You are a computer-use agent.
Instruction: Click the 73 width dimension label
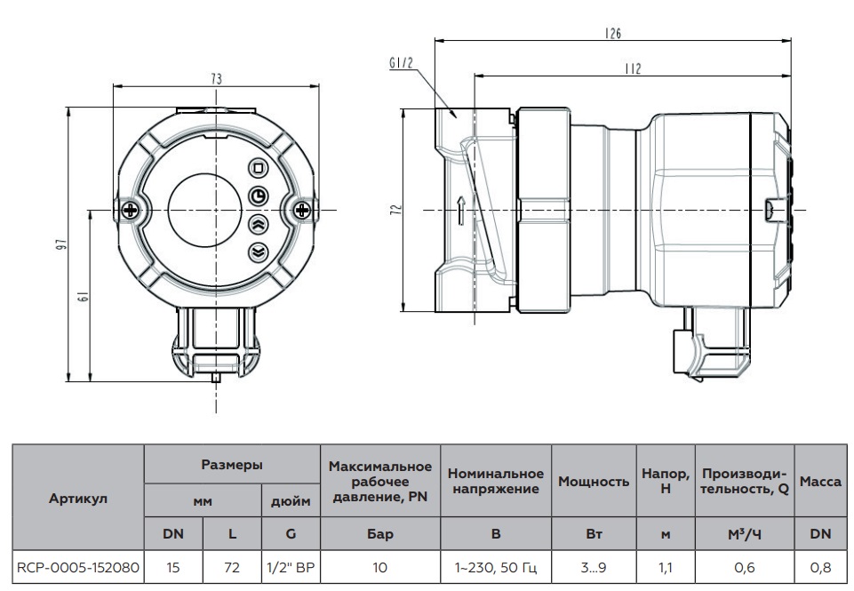(216, 78)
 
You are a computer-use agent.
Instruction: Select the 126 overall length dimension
(613, 33)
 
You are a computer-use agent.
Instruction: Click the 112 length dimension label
(632, 68)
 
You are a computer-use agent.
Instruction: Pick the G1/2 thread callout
(401, 64)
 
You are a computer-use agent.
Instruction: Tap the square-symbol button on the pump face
(259, 167)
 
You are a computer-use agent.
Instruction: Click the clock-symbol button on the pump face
(259, 196)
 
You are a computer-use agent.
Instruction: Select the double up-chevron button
(259, 223)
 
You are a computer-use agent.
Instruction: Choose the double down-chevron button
(259, 252)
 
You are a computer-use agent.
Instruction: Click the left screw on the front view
(132, 210)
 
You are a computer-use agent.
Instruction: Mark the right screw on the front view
(302, 210)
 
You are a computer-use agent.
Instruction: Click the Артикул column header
(77, 498)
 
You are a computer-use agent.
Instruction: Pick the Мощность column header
(594, 481)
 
